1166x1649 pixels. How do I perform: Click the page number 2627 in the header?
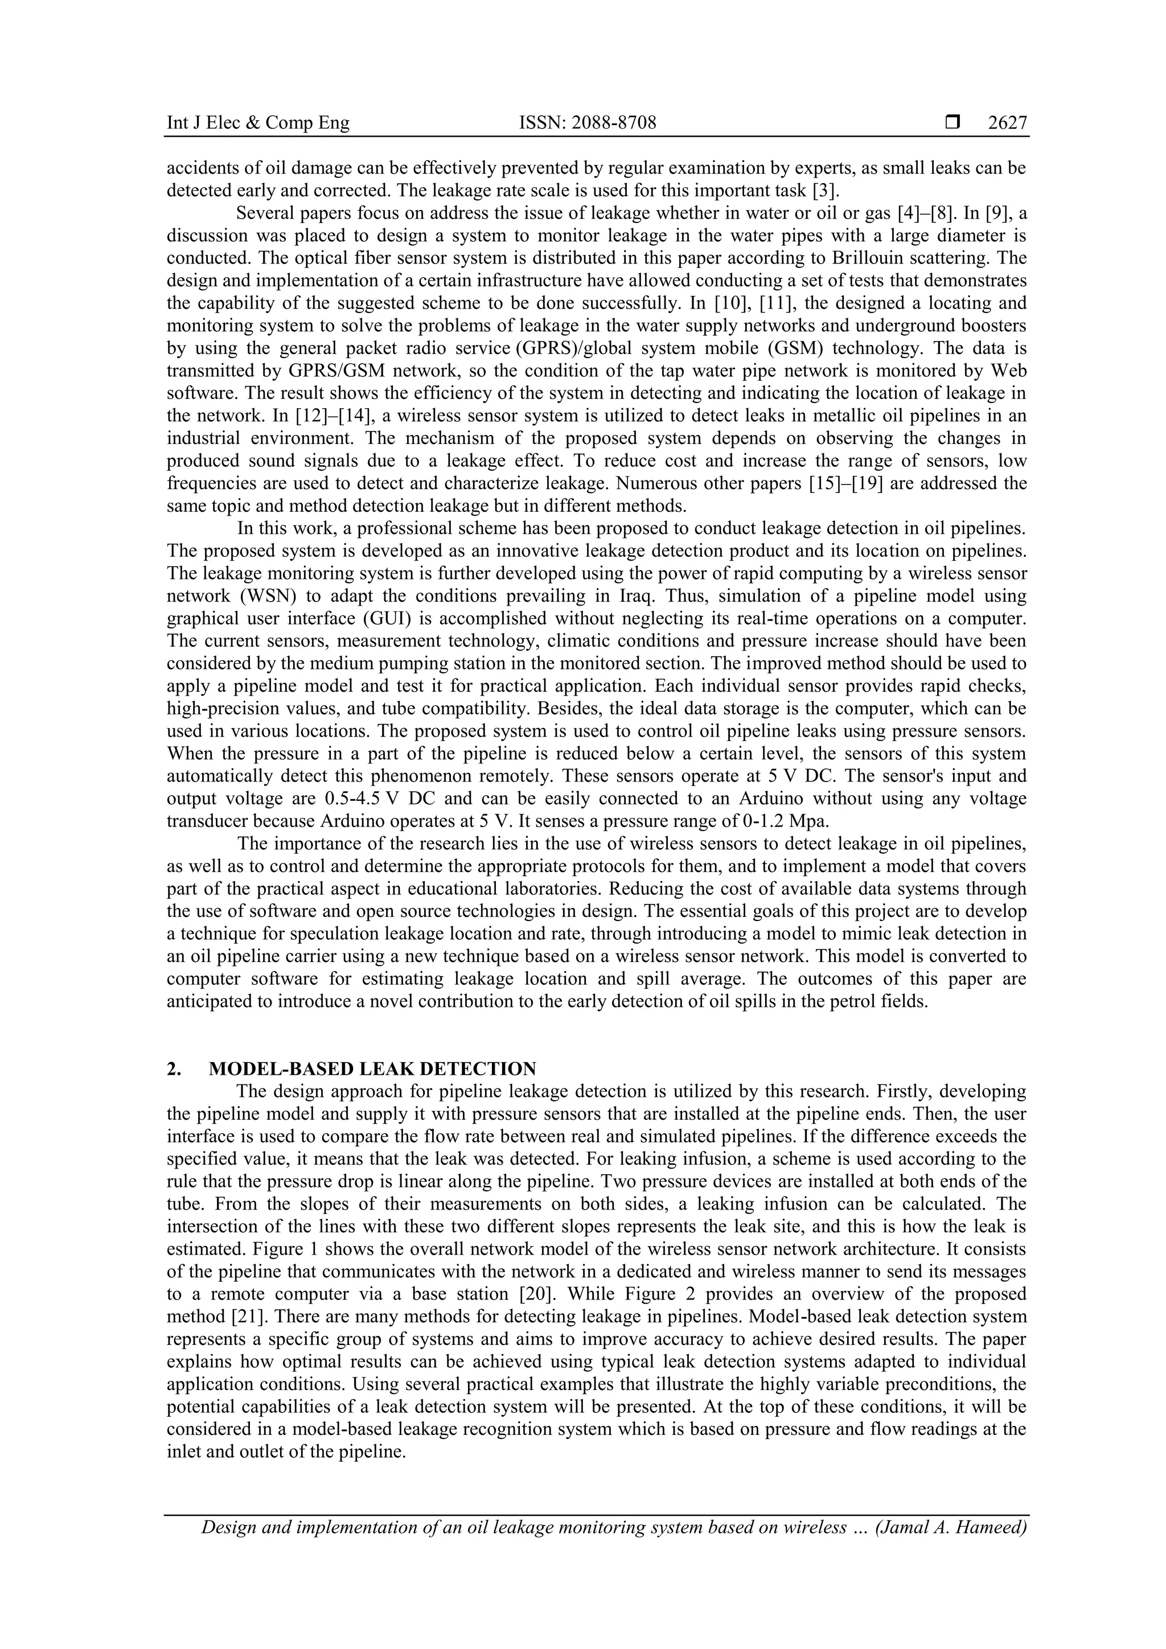tap(1007, 124)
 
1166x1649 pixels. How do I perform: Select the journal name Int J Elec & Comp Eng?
tap(258, 124)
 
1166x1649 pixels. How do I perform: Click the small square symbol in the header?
tap(952, 124)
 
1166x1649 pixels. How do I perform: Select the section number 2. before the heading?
tap(174, 1068)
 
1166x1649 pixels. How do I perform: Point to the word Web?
tap(1008, 371)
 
